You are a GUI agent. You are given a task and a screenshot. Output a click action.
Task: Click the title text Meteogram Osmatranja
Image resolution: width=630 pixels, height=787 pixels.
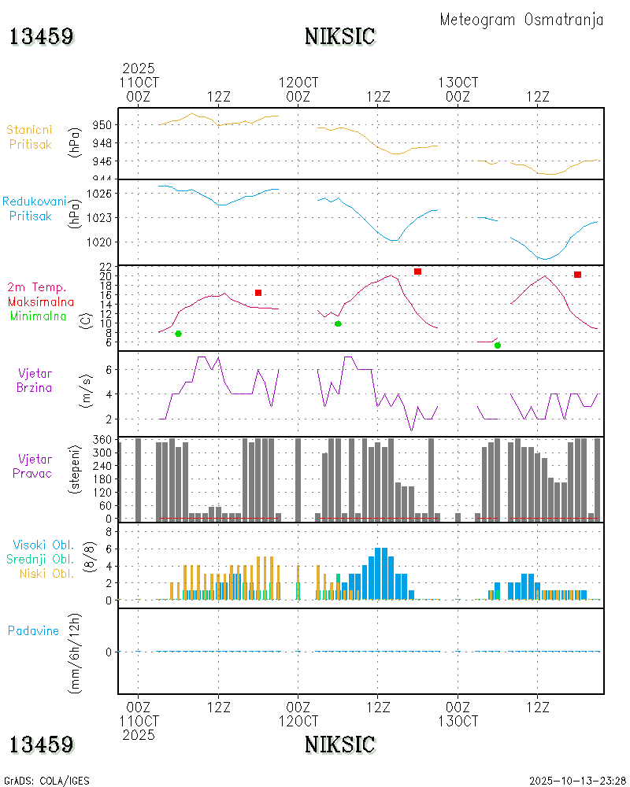tap(521, 20)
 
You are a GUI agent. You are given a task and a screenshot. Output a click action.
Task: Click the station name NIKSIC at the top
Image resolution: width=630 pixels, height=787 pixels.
tap(339, 36)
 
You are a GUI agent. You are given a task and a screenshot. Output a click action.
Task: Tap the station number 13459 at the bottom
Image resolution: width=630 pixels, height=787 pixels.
tap(41, 744)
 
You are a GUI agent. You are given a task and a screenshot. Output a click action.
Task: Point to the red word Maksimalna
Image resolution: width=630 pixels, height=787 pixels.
tap(41, 301)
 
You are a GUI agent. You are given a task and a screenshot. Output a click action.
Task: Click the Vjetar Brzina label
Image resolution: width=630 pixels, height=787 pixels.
tap(35, 379)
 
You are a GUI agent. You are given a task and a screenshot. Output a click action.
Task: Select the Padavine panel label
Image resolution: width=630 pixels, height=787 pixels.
tap(33, 630)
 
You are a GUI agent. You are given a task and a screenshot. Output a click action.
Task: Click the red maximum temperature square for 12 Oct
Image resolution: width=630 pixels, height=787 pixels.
tap(417, 272)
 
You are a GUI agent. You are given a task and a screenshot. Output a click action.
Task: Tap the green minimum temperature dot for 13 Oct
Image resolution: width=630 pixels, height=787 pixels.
tap(498, 345)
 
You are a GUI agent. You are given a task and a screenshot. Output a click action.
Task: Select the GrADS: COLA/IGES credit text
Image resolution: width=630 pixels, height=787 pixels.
tap(46, 781)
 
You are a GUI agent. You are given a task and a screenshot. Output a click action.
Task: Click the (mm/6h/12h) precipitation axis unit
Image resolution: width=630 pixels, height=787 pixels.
tap(76, 652)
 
